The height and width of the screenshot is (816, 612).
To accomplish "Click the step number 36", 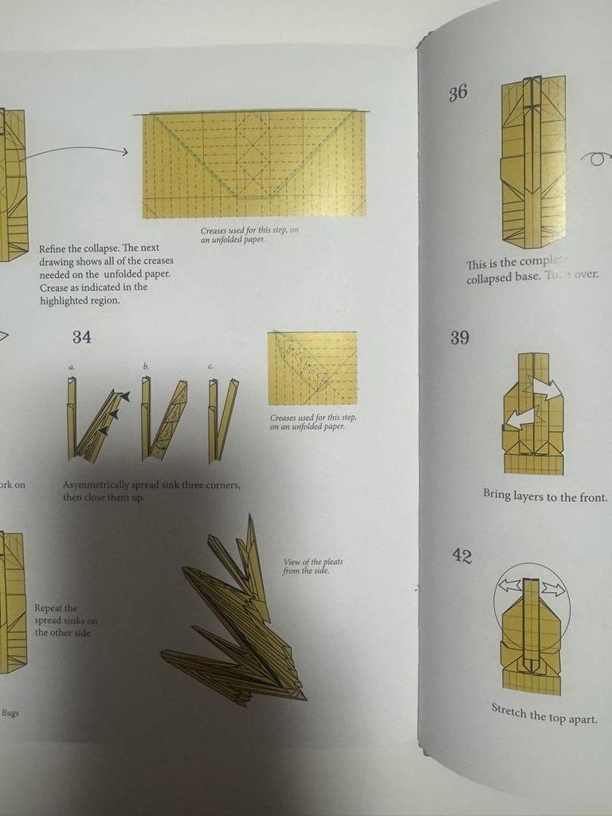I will pyautogui.click(x=457, y=93).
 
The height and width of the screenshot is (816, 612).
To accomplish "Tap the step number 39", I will pyautogui.click(x=459, y=337).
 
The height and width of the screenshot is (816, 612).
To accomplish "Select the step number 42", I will pyautogui.click(x=462, y=555).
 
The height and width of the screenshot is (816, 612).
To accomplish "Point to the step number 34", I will pyautogui.click(x=81, y=337).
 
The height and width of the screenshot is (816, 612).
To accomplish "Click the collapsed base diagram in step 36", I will pyautogui.click(x=533, y=161).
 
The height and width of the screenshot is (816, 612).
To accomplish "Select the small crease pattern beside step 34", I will pyautogui.click(x=312, y=368).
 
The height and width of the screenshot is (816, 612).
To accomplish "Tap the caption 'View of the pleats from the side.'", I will pyautogui.click(x=312, y=567).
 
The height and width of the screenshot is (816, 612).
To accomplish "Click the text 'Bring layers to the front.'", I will pyautogui.click(x=545, y=496).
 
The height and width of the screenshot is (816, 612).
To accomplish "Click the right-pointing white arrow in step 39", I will pyautogui.click(x=547, y=390).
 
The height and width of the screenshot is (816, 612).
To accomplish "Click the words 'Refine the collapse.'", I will pyautogui.click(x=80, y=249).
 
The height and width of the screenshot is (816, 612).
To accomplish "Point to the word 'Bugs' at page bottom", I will pyautogui.click(x=10, y=712).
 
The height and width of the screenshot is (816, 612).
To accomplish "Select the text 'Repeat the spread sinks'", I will pyautogui.click(x=65, y=614).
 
